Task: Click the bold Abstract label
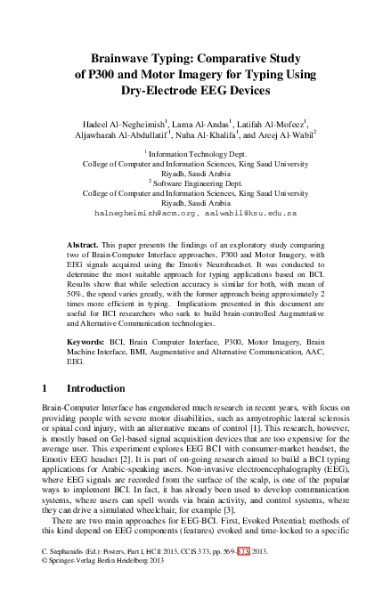pyautogui.click(x=85, y=243)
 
